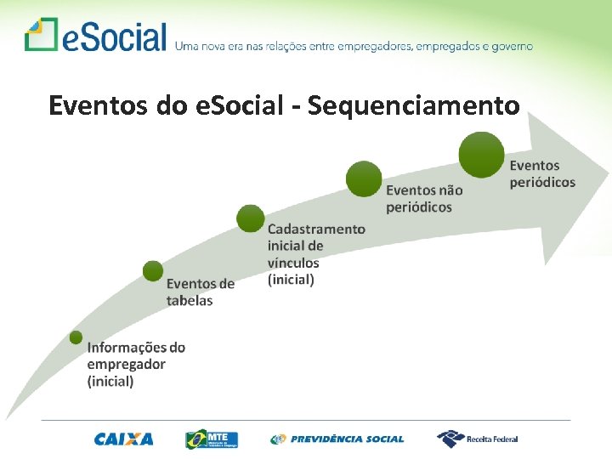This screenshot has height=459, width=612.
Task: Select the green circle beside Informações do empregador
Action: tap(76, 337)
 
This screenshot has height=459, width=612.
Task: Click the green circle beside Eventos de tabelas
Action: tap(153, 271)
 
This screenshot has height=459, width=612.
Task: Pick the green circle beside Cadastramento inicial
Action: tap(251, 218)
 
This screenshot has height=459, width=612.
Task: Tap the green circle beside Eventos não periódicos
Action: tap(364, 178)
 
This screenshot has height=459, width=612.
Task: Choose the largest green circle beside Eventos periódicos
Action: tap(481, 155)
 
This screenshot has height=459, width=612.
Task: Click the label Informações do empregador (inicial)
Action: tap(136, 364)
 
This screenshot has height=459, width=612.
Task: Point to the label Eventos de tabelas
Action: tap(201, 292)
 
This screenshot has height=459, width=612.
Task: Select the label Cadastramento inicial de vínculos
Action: tap(316, 253)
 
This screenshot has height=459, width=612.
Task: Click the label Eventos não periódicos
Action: tap(424, 198)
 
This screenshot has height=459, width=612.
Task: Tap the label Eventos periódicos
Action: tap(542, 173)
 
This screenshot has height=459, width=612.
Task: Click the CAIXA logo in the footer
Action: tap(124, 439)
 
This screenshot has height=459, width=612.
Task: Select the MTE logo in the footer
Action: tap(212, 439)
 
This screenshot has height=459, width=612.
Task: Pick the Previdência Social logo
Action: tap(337, 439)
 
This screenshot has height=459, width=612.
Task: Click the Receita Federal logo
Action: tap(477, 439)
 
